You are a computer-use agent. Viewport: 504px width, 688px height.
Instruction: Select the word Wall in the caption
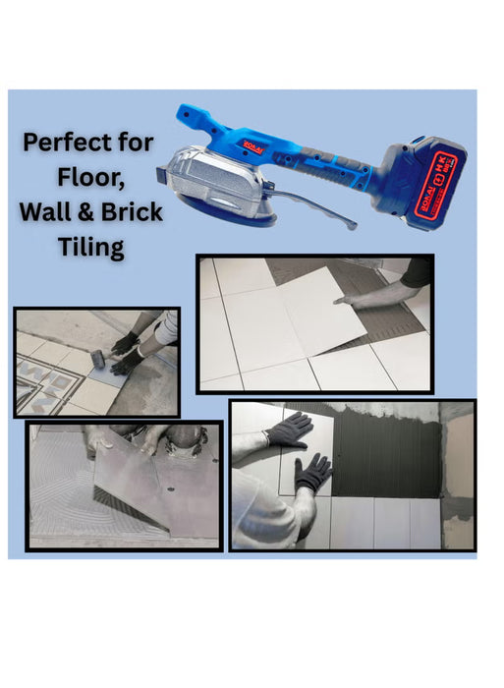[x=55, y=212]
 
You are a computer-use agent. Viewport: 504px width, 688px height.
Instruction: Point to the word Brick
[x=133, y=212]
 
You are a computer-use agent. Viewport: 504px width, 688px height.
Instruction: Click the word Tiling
[x=89, y=248]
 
